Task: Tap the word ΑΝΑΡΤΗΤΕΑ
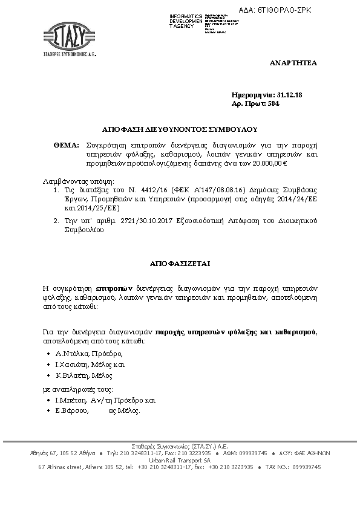(293, 63)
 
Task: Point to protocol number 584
(273, 103)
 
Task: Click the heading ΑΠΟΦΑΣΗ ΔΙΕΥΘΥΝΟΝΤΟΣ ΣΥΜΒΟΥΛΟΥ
(180, 129)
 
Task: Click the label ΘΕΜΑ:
(67, 146)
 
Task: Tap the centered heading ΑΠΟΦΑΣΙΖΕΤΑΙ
(180, 264)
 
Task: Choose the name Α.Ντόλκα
(72, 354)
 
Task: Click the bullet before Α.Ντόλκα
(48, 354)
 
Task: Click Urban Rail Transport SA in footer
(180, 460)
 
